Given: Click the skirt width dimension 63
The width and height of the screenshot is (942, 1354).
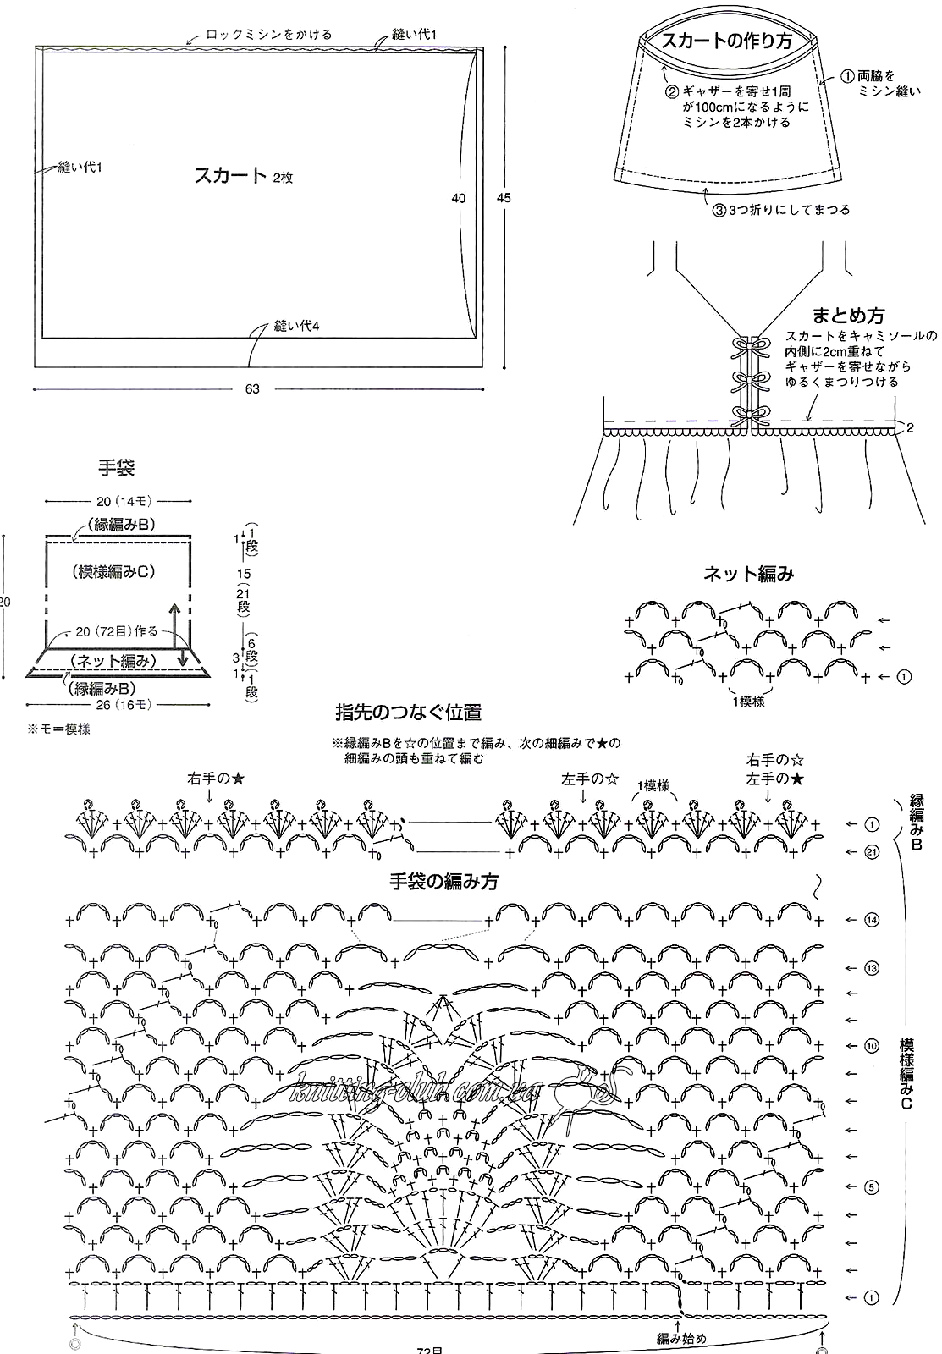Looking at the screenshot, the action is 252,388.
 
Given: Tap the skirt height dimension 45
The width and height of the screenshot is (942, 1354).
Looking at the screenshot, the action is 504,198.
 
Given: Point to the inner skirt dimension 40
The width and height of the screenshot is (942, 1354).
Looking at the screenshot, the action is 458,198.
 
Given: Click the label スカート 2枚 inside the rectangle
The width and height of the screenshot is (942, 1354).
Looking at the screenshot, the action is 243,175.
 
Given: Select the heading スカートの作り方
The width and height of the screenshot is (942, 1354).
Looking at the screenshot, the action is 727,41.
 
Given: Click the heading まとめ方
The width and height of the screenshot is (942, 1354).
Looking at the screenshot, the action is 848,315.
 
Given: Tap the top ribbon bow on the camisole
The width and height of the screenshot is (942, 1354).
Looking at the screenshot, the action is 751,346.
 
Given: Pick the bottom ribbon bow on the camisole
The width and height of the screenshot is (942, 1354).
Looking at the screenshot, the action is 751,416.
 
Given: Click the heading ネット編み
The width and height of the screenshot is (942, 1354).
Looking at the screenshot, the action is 748,574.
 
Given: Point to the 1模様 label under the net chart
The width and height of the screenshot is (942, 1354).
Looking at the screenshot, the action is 749,702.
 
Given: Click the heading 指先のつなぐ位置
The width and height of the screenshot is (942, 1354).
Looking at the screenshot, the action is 409,713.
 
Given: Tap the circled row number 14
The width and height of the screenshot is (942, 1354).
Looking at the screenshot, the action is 871,920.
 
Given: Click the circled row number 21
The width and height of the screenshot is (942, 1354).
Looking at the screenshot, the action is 871,851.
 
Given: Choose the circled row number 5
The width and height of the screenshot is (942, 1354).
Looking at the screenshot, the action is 871,1187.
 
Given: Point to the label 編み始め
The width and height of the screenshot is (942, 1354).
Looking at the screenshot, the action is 681,1338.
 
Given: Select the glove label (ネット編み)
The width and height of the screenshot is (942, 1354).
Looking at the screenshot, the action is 113,661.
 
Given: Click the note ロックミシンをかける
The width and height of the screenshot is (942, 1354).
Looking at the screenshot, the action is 269,35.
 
